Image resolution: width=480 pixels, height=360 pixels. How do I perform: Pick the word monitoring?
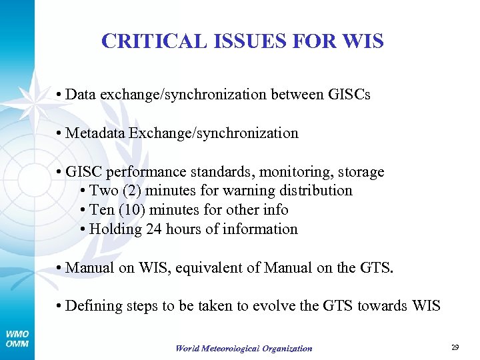click(297, 171)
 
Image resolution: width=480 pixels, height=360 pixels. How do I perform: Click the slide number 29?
click(456, 347)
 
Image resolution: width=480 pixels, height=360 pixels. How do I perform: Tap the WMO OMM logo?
click(17, 339)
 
